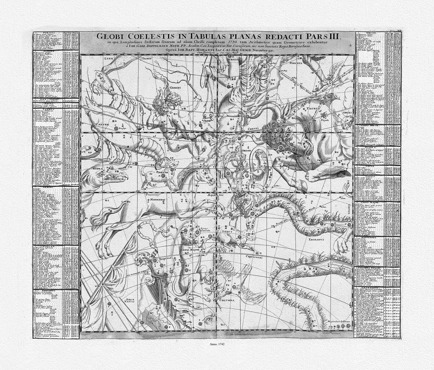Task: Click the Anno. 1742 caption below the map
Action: point(217,344)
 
